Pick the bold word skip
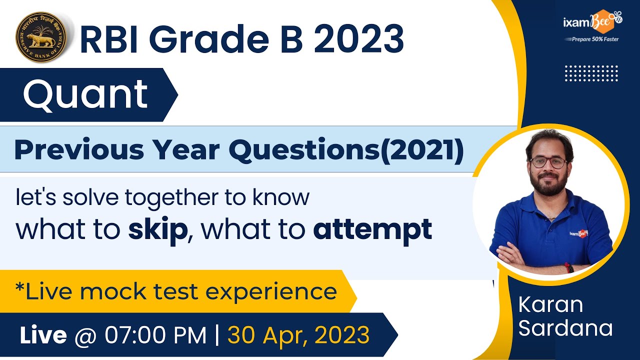157,229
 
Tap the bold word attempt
372,229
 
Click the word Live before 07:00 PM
43,335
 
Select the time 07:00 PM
155,335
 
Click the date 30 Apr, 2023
298,335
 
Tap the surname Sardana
565,328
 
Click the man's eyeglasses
548,162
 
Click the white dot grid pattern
591,73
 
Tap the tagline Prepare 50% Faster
592,39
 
